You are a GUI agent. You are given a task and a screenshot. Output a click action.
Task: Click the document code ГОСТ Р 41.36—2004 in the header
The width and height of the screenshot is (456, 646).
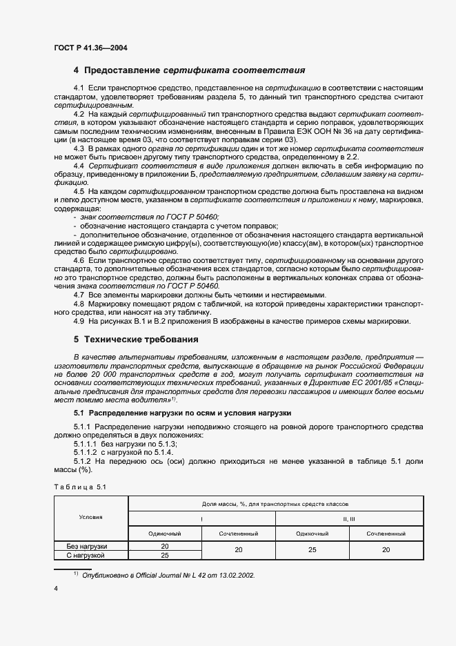point(90,48)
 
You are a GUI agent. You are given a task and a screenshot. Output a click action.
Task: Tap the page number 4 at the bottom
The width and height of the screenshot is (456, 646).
point(56,587)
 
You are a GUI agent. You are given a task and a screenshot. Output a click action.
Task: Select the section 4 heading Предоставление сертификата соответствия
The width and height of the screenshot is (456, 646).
point(190,70)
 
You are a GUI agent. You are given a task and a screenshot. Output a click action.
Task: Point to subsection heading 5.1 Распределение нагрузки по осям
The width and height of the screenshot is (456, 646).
point(183,413)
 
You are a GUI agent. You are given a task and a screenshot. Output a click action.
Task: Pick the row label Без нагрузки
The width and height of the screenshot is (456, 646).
point(87,546)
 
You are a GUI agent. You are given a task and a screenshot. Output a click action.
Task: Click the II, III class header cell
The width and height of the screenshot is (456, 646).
point(349,517)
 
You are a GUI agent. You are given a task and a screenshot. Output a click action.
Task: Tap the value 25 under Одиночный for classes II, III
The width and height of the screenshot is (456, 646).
point(312,550)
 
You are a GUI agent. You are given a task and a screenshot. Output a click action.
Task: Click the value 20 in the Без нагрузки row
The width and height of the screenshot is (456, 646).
point(164,546)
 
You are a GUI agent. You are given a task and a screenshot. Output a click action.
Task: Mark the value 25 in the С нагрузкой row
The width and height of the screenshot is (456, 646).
point(164,554)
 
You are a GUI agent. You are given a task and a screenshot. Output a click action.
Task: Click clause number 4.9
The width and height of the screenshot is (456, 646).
point(79,321)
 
